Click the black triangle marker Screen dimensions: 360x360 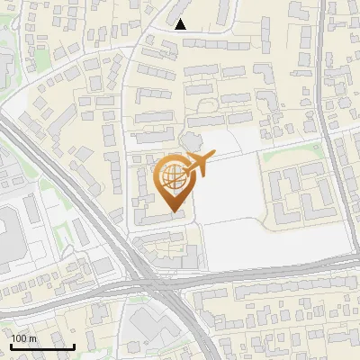click(x=180, y=24)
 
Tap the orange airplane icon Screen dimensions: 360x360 click(x=195, y=164)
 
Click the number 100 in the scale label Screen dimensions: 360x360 click(x=20, y=337)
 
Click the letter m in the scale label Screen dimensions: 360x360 click(x=33, y=337)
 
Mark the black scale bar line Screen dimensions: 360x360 click(x=42, y=346)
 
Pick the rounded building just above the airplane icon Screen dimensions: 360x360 click(x=191, y=140)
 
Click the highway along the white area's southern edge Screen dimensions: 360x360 click(x=270, y=273)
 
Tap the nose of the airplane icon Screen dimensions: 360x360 click(x=212, y=158)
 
